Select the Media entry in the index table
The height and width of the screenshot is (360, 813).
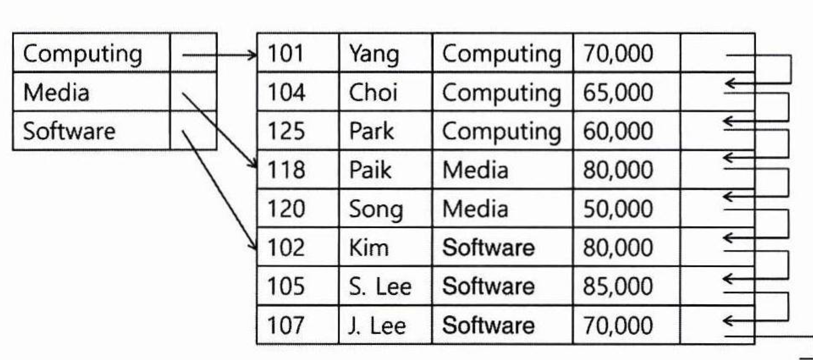[x=56, y=93]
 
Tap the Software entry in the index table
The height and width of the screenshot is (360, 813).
[x=69, y=131]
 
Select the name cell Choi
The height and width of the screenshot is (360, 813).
[x=373, y=93]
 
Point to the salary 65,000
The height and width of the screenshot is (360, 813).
[x=618, y=93]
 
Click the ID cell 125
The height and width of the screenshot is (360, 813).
[x=286, y=131]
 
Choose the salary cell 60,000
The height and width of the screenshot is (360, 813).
[x=618, y=131]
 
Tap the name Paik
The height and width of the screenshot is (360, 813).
[x=370, y=170]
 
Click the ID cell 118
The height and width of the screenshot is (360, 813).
[x=286, y=170]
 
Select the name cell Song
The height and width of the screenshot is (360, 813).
[x=376, y=209]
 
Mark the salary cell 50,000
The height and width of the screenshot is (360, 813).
[x=618, y=209]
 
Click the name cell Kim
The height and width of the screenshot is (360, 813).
[x=369, y=248]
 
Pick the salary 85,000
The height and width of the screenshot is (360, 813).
[x=618, y=287]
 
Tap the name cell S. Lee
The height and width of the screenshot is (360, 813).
[x=380, y=287]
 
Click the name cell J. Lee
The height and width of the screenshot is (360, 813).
[x=377, y=325]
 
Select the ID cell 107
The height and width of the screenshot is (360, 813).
[x=286, y=325]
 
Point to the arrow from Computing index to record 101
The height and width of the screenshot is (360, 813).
[x=220, y=55]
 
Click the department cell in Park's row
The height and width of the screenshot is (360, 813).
[x=502, y=131]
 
